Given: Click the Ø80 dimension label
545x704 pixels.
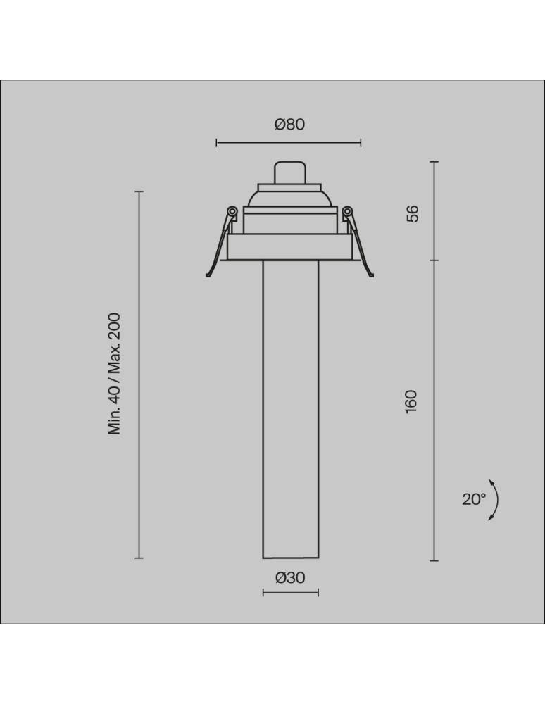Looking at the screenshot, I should [289, 125].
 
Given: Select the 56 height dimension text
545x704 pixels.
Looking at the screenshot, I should [413, 213].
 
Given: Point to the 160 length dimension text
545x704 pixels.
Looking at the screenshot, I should [413, 401].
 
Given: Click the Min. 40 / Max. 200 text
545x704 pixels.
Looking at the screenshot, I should [115, 374].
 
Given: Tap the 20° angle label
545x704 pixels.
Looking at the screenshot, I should [474, 499].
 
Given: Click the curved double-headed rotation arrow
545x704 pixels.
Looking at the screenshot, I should [495, 499].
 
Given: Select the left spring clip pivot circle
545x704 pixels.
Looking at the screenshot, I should [231, 210].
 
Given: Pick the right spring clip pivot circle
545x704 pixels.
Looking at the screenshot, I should [347, 210].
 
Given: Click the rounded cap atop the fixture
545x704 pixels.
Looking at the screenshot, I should [289, 172].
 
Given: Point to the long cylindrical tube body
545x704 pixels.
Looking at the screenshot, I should [289, 408].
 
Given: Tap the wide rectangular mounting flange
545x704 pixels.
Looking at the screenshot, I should [289, 247].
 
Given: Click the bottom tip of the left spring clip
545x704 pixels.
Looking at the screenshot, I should [207, 275].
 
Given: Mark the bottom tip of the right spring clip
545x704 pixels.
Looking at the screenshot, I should [371, 275].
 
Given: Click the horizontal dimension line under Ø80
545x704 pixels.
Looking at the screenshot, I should [289, 143].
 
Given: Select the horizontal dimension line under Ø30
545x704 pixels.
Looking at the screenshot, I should [290, 593].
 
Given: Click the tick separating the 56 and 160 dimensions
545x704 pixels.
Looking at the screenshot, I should [434, 260].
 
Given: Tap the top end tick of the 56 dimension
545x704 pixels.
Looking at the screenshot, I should [434, 162].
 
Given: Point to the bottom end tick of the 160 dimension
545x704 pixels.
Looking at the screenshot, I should [434, 560].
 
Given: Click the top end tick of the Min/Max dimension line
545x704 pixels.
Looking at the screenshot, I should [139, 191].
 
